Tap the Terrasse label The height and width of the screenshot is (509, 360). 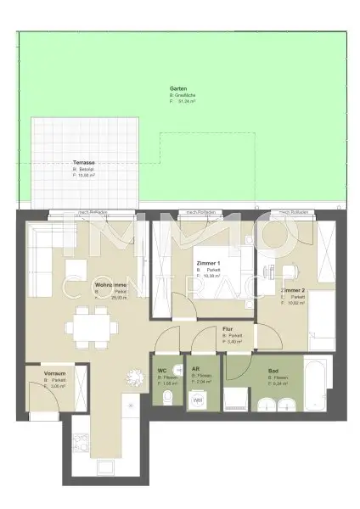pos(86,161)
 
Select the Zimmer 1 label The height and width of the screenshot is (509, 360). pos(208,264)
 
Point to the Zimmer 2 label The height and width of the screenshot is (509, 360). pos(293,290)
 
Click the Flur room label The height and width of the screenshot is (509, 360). pos(228,328)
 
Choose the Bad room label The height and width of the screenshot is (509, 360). pos(273,371)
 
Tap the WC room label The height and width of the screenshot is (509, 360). pos(162,371)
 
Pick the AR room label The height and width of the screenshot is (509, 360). pos(196,371)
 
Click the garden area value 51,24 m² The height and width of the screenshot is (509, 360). pos(187,101)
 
